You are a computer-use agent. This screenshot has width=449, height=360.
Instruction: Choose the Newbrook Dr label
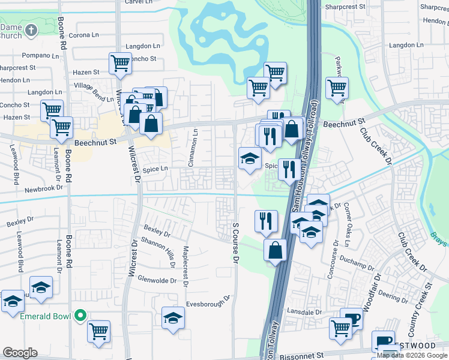tap(43, 188)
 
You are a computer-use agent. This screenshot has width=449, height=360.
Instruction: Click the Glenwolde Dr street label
tap(157, 280)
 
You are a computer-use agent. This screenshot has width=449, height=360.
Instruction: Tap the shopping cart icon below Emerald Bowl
tap(98, 331)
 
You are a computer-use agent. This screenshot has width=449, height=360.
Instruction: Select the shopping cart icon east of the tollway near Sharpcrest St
tap(337, 88)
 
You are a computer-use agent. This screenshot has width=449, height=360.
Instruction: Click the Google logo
tap(20, 353)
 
